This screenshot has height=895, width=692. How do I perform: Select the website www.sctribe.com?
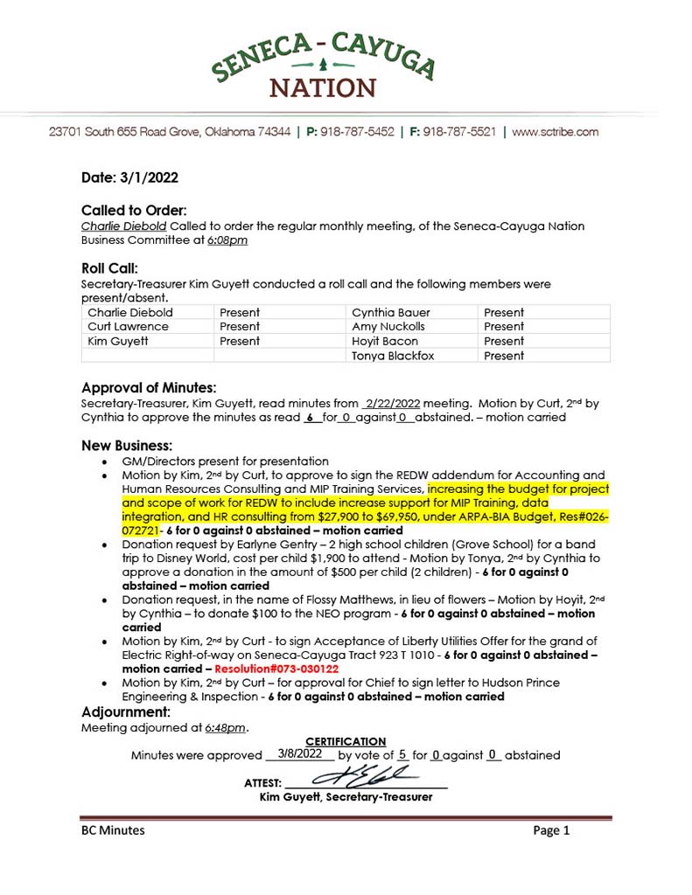pyautogui.click(x=555, y=132)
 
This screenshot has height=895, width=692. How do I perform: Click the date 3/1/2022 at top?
pyautogui.click(x=130, y=177)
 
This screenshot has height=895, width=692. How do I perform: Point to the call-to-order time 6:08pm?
pyautogui.click(x=227, y=239)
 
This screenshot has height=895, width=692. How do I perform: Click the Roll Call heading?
pyautogui.click(x=109, y=268)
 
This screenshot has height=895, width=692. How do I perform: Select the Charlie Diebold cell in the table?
pyautogui.click(x=131, y=312)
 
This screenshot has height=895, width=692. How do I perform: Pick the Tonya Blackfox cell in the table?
pyautogui.click(x=393, y=356)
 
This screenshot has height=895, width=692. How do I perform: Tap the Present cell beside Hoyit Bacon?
pyautogui.click(x=504, y=341)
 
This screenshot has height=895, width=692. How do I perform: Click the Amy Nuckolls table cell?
pyautogui.click(x=388, y=327)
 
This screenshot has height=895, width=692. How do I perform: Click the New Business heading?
pyautogui.click(x=126, y=446)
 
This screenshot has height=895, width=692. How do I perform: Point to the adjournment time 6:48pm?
pyautogui.click(x=227, y=727)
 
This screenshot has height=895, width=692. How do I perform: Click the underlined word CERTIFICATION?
pyautogui.click(x=346, y=742)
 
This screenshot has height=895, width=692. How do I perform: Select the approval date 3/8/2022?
pyautogui.click(x=298, y=753)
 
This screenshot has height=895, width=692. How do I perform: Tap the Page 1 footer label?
pyautogui.click(x=551, y=830)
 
